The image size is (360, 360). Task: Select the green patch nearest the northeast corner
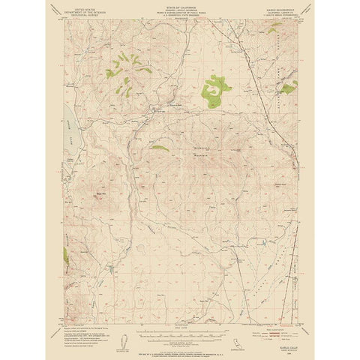[286, 88]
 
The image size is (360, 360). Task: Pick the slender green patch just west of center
[160, 148]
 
